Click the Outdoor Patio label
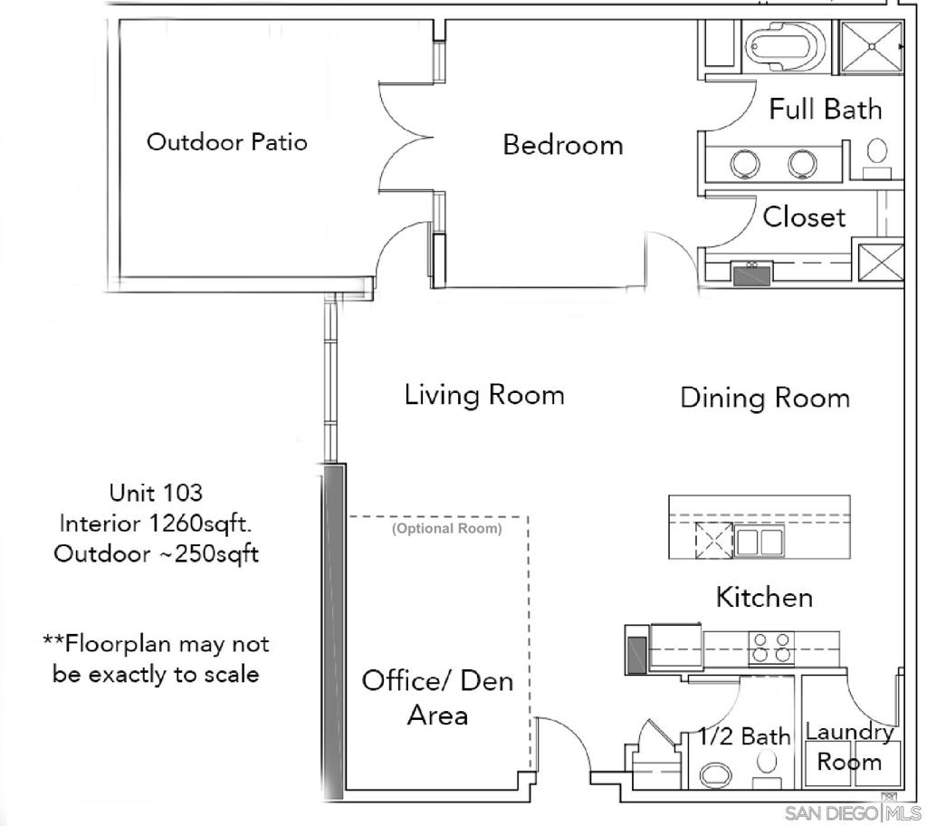pyautogui.click(x=227, y=142)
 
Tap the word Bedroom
pyautogui.click(x=563, y=145)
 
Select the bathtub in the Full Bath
pyautogui.click(x=785, y=46)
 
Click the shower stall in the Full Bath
pyautogui.click(x=872, y=47)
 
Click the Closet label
pyautogui.click(x=804, y=217)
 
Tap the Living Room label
pyautogui.click(x=484, y=395)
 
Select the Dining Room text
pyautogui.click(x=765, y=398)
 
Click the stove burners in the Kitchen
pyautogui.click(x=771, y=647)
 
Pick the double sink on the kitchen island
pyautogui.click(x=760, y=542)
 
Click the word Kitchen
pyautogui.click(x=764, y=597)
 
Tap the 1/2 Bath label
pyautogui.click(x=744, y=736)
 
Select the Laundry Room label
pyautogui.click(x=849, y=747)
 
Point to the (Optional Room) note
pyautogui.click(x=447, y=528)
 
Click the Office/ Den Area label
pyautogui.click(x=437, y=698)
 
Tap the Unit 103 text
pyautogui.click(x=156, y=493)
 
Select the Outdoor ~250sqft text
pyautogui.click(x=156, y=553)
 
